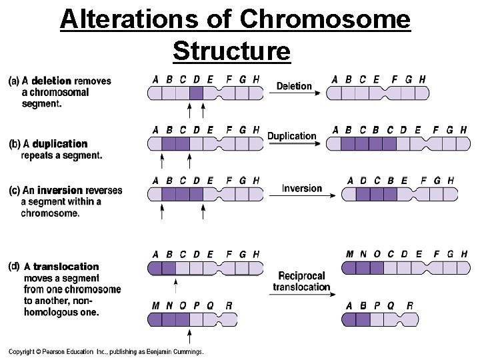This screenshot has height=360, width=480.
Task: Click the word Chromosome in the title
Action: click(x=326, y=20)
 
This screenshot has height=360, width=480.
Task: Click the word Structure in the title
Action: click(x=231, y=50)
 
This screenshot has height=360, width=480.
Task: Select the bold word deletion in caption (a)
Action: click(x=51, y=81)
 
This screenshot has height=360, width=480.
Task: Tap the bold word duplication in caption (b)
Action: click(x=59, y=144)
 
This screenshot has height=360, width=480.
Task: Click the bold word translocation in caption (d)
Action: click(x=66, y=267)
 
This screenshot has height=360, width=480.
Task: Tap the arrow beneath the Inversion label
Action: click(x=301, y=195)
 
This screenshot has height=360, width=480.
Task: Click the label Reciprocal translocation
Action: click(x=301, y=281)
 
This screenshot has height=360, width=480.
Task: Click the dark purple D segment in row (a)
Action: click(x=196, y=93)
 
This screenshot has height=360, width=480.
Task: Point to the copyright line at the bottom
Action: click(x=106, y=352)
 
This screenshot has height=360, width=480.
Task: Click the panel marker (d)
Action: click(x=14, y=267)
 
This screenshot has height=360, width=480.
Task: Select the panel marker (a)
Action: click(x=14, y=81)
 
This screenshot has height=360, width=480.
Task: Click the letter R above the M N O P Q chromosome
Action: click(x=229, y=306)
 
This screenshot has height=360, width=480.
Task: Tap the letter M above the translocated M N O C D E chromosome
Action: click(x=350, y=254)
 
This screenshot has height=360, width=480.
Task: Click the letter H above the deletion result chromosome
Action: click(x=421, y=79)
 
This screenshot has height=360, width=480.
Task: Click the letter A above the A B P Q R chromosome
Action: click(x=349, y=306)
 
